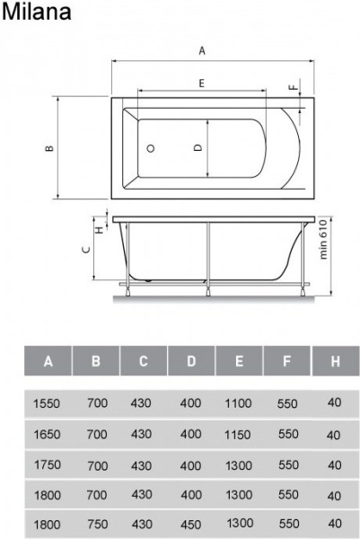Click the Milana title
click(x=37, y=12)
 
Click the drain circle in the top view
click(x=151, y=148)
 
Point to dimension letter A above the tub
click(x=202, y=51)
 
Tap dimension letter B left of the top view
click(x=49, y=148)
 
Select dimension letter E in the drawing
click(x=202, y=84)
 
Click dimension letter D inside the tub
click(x=198, y=148)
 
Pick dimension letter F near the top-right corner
click(x=294, y=87)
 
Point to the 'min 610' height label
click(x=323, y=239)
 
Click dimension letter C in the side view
click(x=86, y=250)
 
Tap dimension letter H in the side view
click(x=100, y=229)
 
